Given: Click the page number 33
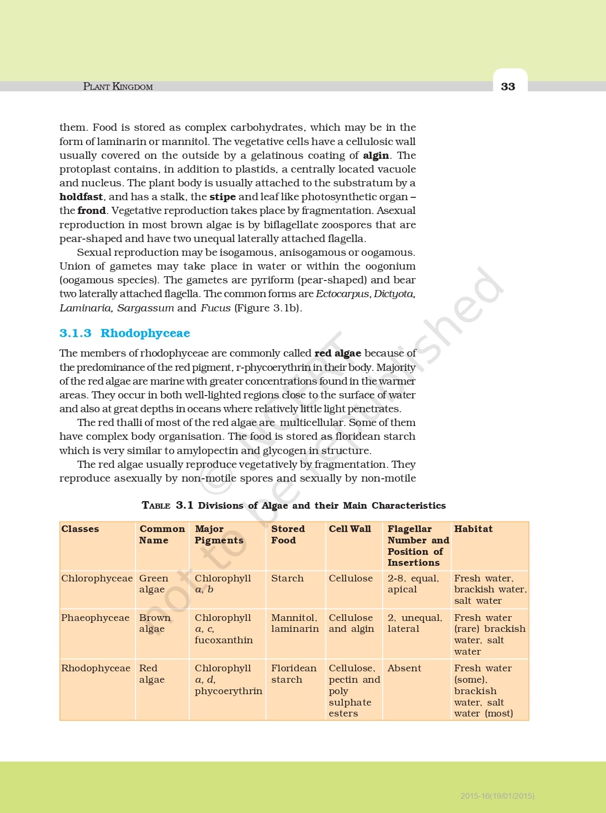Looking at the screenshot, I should tap(508, 87).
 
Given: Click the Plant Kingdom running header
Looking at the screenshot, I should tap(118, 87).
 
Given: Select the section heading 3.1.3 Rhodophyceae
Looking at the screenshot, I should tap(125, 333).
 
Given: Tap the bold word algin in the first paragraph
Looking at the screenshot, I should tap(376, 155).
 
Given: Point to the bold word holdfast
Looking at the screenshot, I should tap(81, 197).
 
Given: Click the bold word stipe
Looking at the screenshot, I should tap(222, 197).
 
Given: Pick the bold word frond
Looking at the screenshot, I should tap(91, 211).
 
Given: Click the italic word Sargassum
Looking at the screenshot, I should tap(145, 308).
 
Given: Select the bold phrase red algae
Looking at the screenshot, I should tap(337, 353).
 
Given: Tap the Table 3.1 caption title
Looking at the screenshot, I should tap(294, 505).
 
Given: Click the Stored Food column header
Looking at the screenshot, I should tap(288, 534).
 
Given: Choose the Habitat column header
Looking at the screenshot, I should tap(473, 529).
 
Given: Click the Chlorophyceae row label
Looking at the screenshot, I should tap(96, 578).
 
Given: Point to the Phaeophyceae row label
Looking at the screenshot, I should tap(95, 618).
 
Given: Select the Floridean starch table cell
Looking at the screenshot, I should tap(293, 674).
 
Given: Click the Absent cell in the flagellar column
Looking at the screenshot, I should tap(404, 668).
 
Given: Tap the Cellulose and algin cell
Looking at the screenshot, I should tap(351, 623).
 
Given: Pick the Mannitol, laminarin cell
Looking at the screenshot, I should tap(295, 623).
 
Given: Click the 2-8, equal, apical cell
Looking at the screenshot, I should tap(413, 584).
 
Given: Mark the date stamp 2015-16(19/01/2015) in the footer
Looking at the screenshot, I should tap(497, 795).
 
